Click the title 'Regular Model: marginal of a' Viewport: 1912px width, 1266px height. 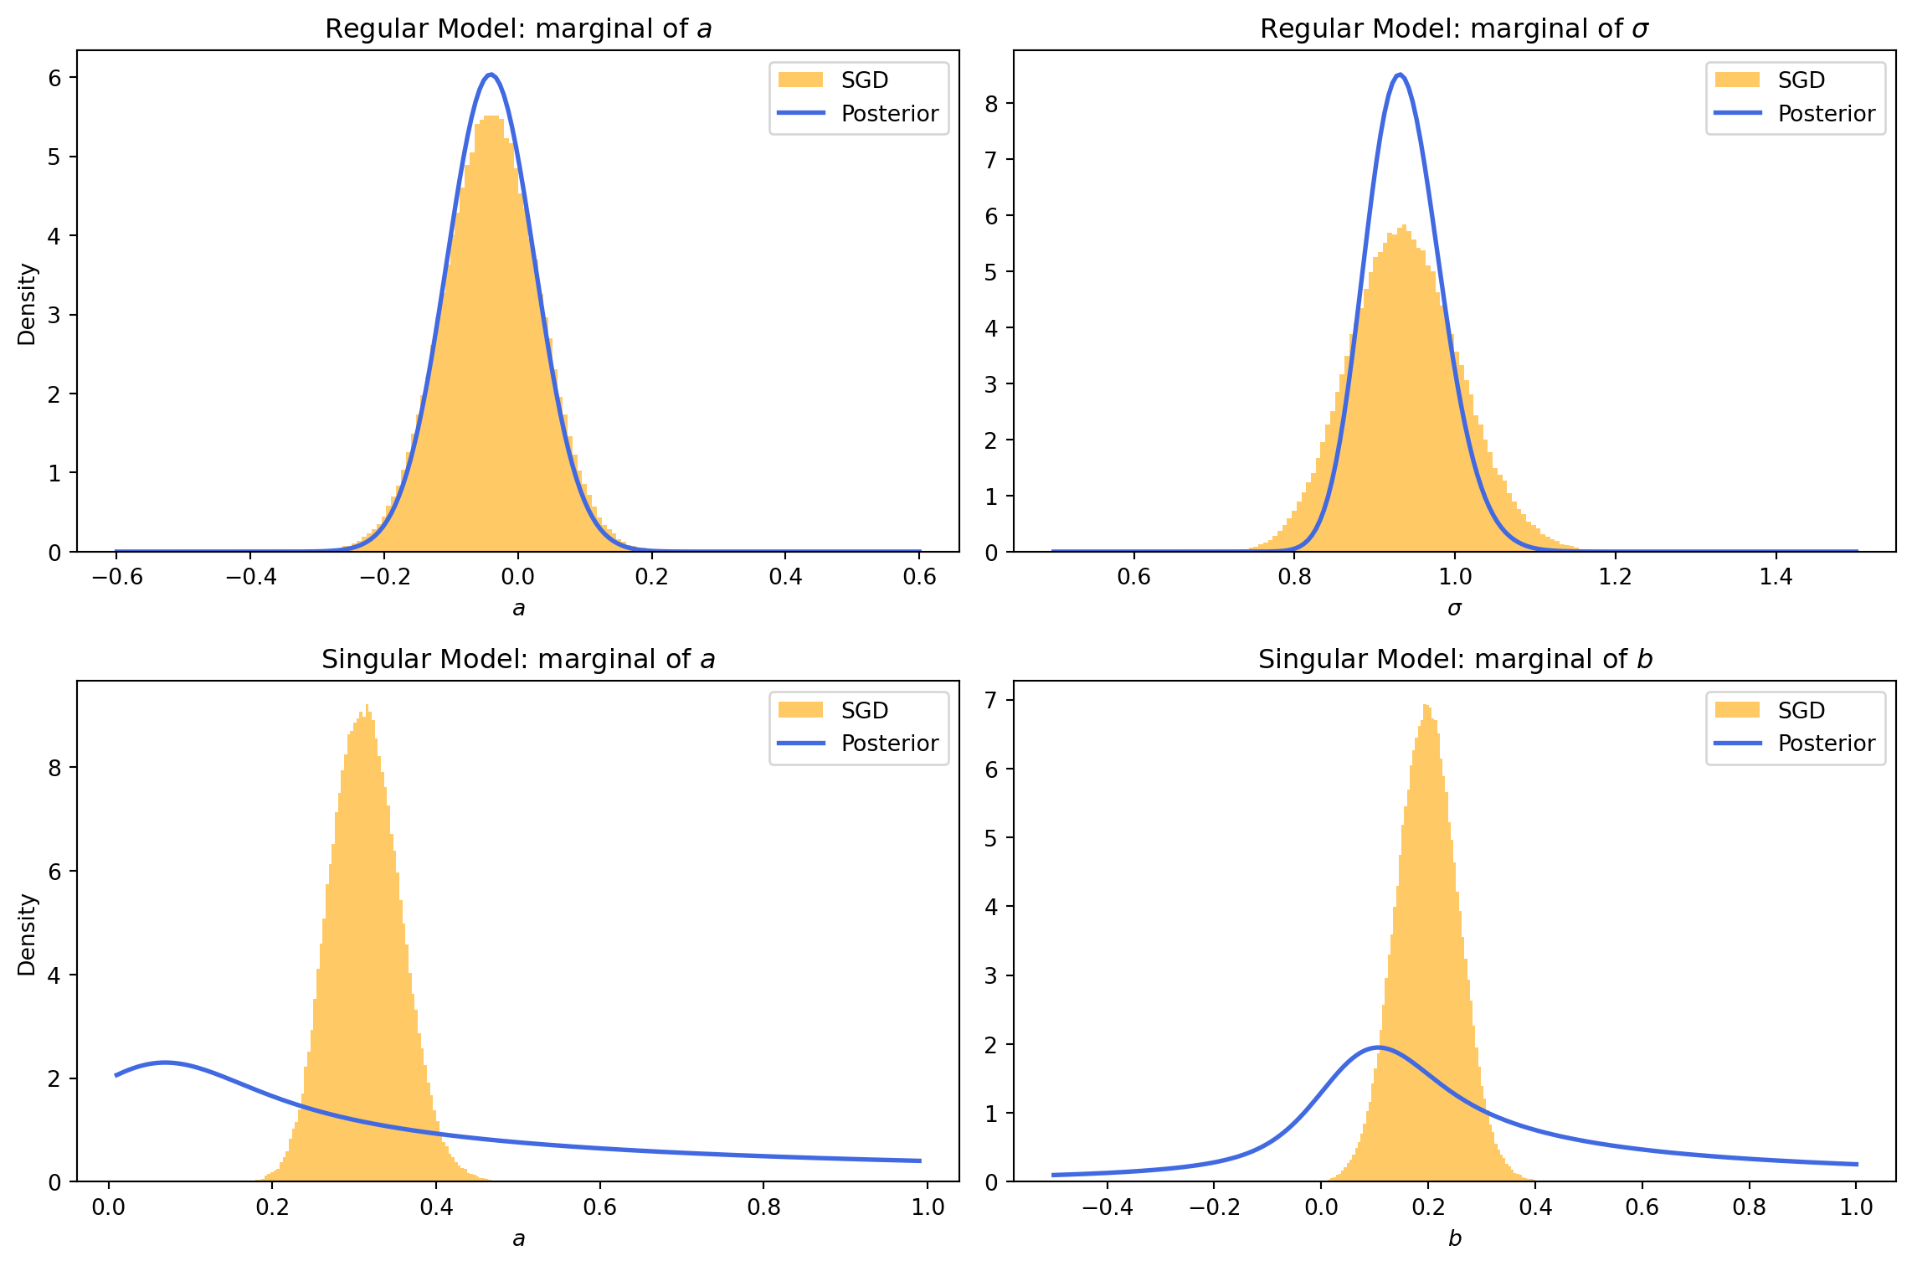tap(518, 29)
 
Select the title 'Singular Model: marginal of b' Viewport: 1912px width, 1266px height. tap(1455, 660)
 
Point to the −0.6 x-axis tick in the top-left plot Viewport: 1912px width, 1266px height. tap(116, 577)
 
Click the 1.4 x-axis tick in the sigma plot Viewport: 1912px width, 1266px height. tap(1776, 577)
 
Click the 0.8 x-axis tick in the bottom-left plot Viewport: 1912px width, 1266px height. tap(763, 1207)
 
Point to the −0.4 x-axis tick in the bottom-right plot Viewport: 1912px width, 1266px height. tap(1107, 1207)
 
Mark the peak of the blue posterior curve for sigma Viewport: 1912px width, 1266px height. tap(1400, 75)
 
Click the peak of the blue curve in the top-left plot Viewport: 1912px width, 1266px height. tap(491, 75)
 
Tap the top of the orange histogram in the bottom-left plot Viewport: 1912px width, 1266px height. tap(367, 706)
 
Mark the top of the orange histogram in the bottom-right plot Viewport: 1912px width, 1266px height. tap(1426, 706)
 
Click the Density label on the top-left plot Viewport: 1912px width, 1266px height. tap(27, 304)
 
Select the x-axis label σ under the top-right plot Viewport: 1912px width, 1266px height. tap(1455, 609)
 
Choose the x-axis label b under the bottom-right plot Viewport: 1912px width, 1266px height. tap(1455, 1238)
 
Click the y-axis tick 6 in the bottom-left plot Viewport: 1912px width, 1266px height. tap(55, 872)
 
